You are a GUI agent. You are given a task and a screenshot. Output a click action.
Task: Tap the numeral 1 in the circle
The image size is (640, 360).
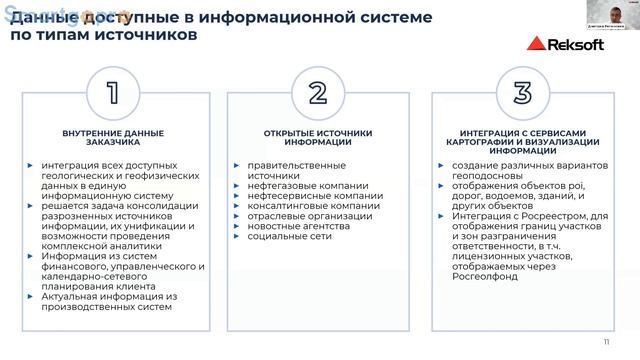(x=113, y=93)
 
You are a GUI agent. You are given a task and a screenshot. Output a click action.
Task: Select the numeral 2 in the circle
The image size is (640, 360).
(x=318, y=93)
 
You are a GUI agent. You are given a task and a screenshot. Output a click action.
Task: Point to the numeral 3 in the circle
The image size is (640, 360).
(x=522, y=93)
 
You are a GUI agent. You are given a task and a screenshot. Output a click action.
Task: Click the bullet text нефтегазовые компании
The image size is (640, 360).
(x=289, y=185)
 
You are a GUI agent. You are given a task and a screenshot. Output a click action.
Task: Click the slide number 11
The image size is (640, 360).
(x=607, y=341)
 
